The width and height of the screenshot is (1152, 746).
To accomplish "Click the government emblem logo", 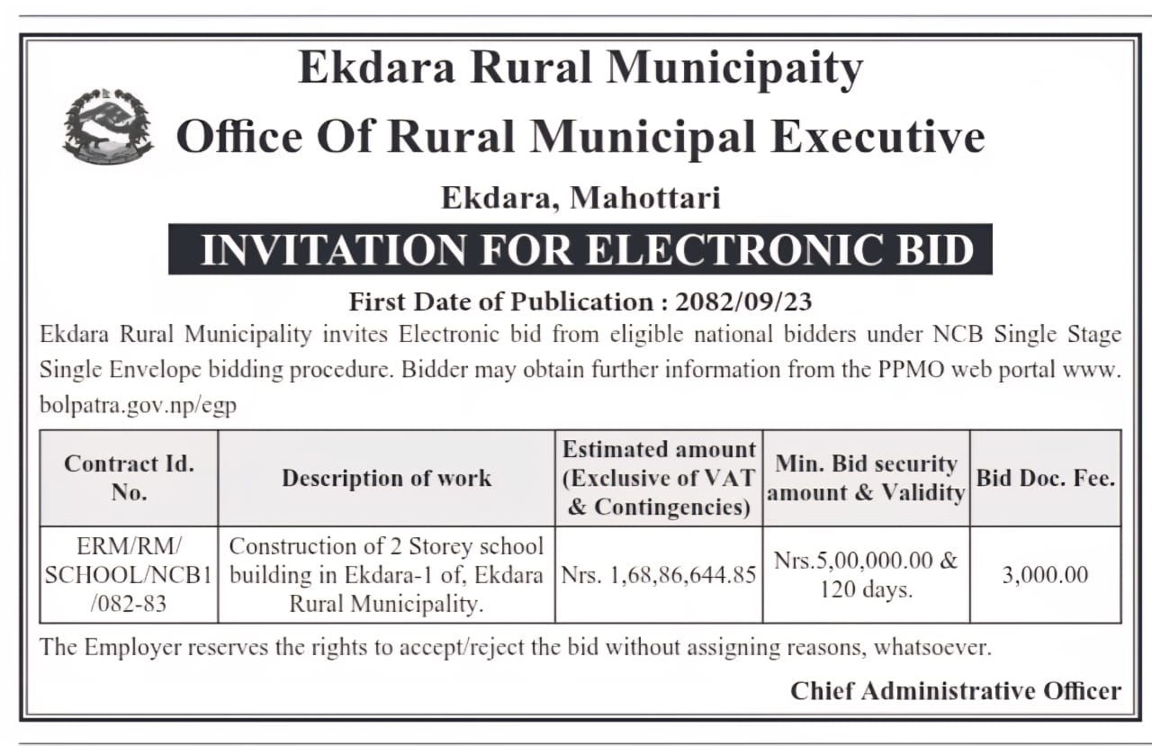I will tap(108, 126).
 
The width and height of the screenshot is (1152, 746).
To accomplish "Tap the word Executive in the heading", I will tap(878, 138).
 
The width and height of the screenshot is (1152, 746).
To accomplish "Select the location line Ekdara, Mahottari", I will tap(580, 197).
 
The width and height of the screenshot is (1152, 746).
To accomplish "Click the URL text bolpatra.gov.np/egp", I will tap(138, 405).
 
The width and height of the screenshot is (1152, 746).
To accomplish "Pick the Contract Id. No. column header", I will tap(129, 478).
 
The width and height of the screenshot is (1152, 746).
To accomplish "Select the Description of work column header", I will tap(386, 478).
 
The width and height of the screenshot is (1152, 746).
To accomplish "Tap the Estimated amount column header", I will tap(659, 478).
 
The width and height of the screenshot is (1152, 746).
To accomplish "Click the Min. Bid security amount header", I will tap(866, 478).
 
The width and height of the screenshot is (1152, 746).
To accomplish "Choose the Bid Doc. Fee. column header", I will tap(1045, 478).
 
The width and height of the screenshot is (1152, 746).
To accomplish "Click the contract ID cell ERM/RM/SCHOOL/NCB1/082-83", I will tap(129, 575).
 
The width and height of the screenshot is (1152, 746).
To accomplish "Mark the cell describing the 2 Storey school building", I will tap(386, 575).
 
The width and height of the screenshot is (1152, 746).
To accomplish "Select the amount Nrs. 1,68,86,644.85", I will tap(659, 575).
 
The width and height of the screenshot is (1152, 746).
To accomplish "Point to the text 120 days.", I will tap(866, 590).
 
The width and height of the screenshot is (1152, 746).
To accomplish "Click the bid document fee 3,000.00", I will tap(1045, 575).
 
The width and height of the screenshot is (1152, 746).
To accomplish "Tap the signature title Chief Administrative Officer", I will tap(956, 690).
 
